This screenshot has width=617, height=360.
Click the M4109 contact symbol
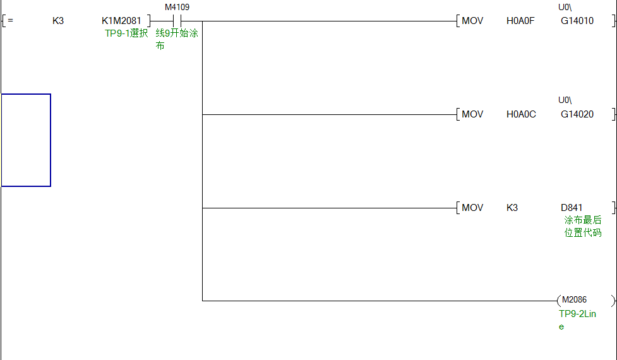pyautogui.click(x=177, y=21)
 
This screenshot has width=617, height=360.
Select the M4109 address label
pyautogui.click(x=177, y=8)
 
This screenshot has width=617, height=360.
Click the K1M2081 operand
pyautogui.click(x=121, y=21)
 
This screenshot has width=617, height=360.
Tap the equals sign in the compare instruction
pyautogui.click(x=10, y=21)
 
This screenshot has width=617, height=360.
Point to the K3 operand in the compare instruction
pyautogui.click(x=58, y=21)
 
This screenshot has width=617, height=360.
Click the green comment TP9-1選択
pyautogui.click(x=126, y=33)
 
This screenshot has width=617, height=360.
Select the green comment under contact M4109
pyautogui.click(x=176, y=39)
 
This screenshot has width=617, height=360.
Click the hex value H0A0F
pyautogui.click(x=520, y=21)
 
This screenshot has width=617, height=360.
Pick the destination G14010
pyautogui.click(x=577, y=21)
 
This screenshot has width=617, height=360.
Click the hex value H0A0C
pyautogui.click(x=521, y=114)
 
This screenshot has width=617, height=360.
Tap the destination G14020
pyautogui.click(x=577, y=114)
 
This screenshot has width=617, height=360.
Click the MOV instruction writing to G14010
pyautogui.click(x=472, y=21)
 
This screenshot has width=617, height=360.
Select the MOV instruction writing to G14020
pyautogui.click(x=472, y=114)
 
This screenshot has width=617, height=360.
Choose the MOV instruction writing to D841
pyautogui.click(x=472, y=208)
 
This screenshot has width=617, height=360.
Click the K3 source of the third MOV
pyautogui.click(x=512, y=208)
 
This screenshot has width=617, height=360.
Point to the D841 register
pyautogui.click(x=572, y=208)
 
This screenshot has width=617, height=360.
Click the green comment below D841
pyautogui.click(x=582, y=227)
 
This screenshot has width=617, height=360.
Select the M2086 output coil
pyautogui.click(x=574, y=300)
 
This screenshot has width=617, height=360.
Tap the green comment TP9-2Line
pyautogui.click(x=577, y=320)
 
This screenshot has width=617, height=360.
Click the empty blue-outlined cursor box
pyautogui.click(x=26, y=140)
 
